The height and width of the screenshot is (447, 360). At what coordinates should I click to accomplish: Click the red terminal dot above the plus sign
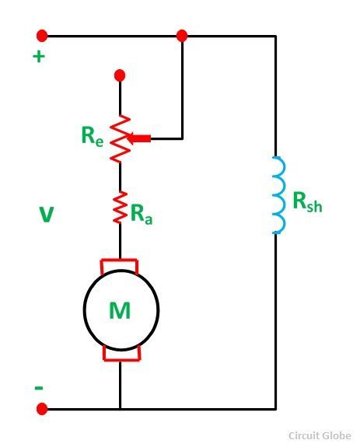[x=42, y=36]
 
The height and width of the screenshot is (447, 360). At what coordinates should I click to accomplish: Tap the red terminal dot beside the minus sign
[x=42, y=409]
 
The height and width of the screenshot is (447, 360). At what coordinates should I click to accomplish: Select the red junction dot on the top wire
[x=182, y=36]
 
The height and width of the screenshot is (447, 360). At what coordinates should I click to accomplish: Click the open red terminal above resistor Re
[x=120, y=75]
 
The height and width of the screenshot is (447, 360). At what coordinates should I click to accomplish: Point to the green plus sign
[x=39, y=56]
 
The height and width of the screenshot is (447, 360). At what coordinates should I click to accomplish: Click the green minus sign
[x=39, y=388]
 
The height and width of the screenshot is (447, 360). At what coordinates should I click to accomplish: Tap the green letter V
[x=46, y=215]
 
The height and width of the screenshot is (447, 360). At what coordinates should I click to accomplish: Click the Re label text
[x=92, y=136]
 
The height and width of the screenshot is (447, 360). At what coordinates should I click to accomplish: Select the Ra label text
[x=142, y=215]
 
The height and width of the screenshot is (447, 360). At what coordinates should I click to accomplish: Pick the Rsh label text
[x=308, y=202]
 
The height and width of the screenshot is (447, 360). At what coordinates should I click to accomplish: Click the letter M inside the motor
[x=120, y=310]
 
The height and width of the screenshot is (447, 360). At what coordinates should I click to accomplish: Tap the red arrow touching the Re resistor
[x=138, y=138]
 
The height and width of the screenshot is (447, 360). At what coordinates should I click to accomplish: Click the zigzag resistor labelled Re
[x=120, y=139]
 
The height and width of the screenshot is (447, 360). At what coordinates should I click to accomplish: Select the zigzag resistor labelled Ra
[x=120, y=208]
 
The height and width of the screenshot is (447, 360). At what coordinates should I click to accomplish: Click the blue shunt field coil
[x=279, y=195]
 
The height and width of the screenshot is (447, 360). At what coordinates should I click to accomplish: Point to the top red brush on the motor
[x=120, y=266]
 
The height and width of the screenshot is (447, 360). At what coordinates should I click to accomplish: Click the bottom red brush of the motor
[x=121, y=354]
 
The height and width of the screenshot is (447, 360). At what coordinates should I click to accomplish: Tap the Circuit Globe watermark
[x=320, y=435]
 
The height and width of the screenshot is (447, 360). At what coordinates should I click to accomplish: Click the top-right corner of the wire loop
[x=275, y=36]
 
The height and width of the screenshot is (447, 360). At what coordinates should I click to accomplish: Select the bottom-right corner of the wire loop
[x=275, y=409]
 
